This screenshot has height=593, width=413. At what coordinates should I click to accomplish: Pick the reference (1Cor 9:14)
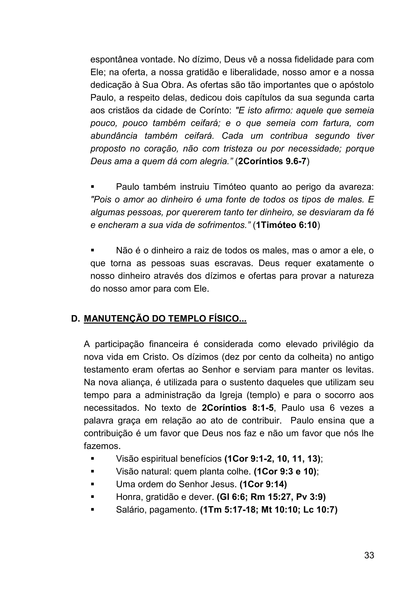click(263, 484)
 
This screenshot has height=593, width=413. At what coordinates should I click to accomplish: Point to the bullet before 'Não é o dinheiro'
click(92, 250)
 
